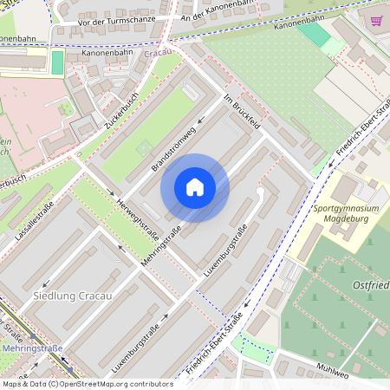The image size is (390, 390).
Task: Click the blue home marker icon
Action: click(x=195, y=187)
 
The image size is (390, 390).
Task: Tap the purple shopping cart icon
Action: click(x=376, y=21)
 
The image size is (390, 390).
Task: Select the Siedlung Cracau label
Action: click(x=72, y=296)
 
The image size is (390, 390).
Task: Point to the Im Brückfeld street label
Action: click(x=243, y=113)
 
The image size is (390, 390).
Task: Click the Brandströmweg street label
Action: click(x=174, y=147)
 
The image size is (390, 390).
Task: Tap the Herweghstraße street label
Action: click(x=130, y=208)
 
